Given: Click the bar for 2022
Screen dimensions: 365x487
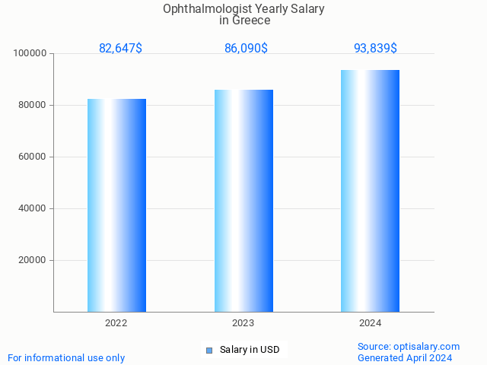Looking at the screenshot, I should point(116,205).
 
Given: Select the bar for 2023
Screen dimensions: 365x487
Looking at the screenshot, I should point(243,201).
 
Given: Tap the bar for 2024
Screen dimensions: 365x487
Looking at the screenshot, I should point(370,191).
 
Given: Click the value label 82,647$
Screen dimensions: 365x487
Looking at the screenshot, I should point(120,48).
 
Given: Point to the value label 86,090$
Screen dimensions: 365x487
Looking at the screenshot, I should point(246,48).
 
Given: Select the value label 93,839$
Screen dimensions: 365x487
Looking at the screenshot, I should point(375,48).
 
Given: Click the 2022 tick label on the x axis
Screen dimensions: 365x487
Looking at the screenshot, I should point(116,323).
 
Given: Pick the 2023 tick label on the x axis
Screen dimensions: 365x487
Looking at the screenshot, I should point(243,323).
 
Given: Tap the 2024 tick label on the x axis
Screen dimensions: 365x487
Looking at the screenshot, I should point(371,323).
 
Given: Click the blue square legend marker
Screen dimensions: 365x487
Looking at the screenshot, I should point(209,351).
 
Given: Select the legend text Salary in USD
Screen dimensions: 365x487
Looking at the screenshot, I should point(250,350).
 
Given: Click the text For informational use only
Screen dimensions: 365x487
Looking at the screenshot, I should point(66,357).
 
